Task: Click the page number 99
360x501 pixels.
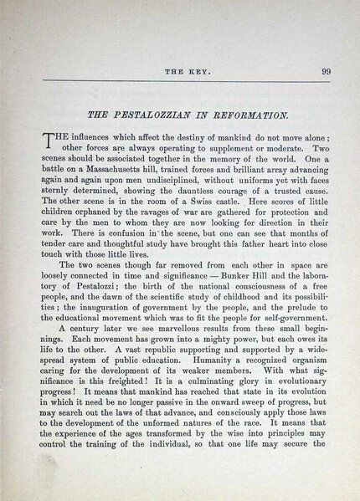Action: click(325, 71)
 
